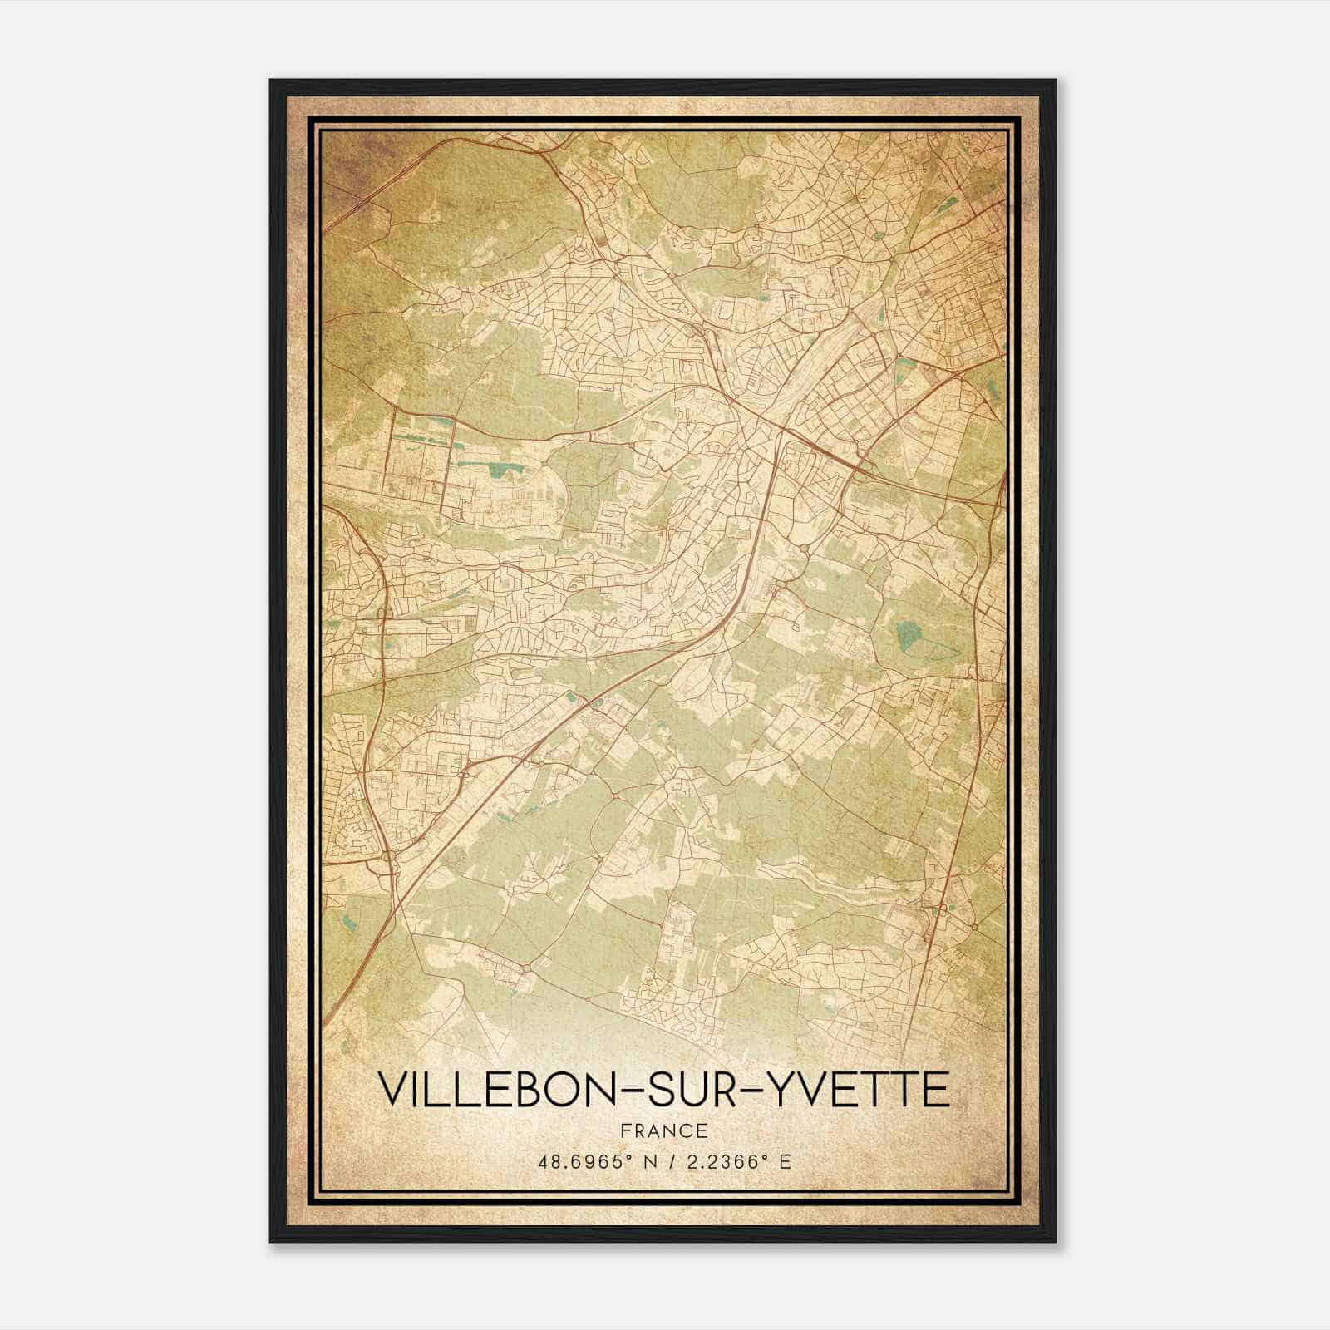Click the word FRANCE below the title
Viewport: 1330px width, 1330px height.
[x=663, y=1130]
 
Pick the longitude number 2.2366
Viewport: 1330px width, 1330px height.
[x=717, y=1161]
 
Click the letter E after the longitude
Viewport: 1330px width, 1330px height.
[x=784, y=1161]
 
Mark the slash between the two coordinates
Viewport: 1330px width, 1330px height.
[x=663, y=1161]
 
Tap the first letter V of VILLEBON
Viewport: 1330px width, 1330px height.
[x=393, y=1090]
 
